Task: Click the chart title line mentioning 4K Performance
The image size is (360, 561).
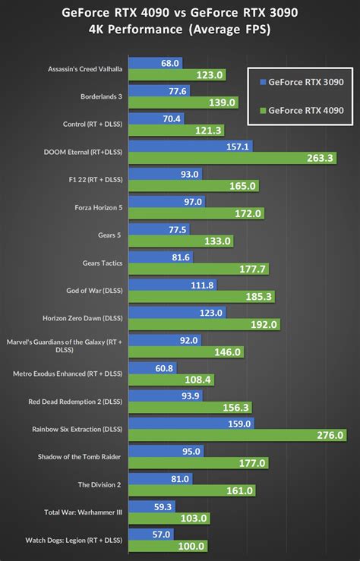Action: (x=180, y=30)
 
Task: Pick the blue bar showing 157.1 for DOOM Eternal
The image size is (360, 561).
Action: (x=193, y=146)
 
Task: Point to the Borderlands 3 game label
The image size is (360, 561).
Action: (x=101, y=97)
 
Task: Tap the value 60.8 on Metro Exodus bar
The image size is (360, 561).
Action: (x=165, y=368)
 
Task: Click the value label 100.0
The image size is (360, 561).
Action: (x=191, y=546)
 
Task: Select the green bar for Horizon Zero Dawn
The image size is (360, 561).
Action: (x=205, y=324)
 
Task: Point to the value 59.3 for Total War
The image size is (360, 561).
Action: (x=163, y=506)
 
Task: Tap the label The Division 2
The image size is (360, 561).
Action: (x=100, y=484)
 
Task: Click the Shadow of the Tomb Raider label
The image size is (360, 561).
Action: (x=82, y=456)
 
